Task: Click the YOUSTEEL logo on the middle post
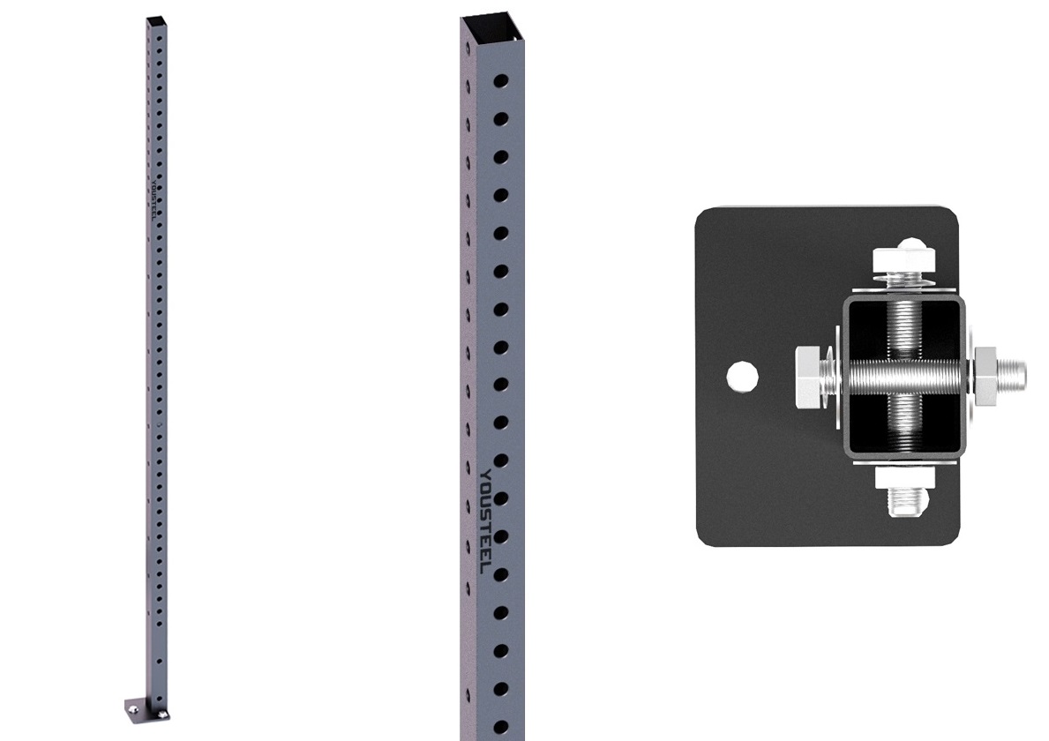coord(486,521)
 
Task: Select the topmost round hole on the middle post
coord(500,81)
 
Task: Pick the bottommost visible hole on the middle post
coord(500,727)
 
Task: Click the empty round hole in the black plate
coord(742,377)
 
